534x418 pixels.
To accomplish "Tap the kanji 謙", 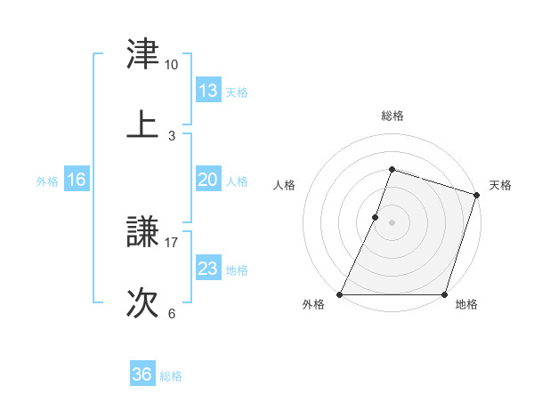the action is tap(142, 233).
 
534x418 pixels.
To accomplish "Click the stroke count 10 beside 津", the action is tap(171, 65).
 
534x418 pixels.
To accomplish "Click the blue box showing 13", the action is tap(208, 91).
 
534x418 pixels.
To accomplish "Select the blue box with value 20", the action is tap(208, 180).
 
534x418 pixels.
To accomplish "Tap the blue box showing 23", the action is tap(208, 269).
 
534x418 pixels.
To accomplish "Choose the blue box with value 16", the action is tap(77, 180).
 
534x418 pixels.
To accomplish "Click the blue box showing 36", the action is tap(142, 374).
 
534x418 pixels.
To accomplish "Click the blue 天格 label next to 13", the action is tap(237, 92).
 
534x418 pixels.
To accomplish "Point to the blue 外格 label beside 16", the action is tap(47, 181).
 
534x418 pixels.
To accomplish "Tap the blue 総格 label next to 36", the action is tap(171, 375).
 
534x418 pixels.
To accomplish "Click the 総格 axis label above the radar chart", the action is tap(392, 116).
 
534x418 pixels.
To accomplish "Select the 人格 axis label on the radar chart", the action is tap(285, 185).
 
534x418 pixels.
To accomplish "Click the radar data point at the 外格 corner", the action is tap(340, 294).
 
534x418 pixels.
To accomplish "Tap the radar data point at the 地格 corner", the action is tap(444, 294).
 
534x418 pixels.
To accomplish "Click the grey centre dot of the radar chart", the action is tap(392, 222).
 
